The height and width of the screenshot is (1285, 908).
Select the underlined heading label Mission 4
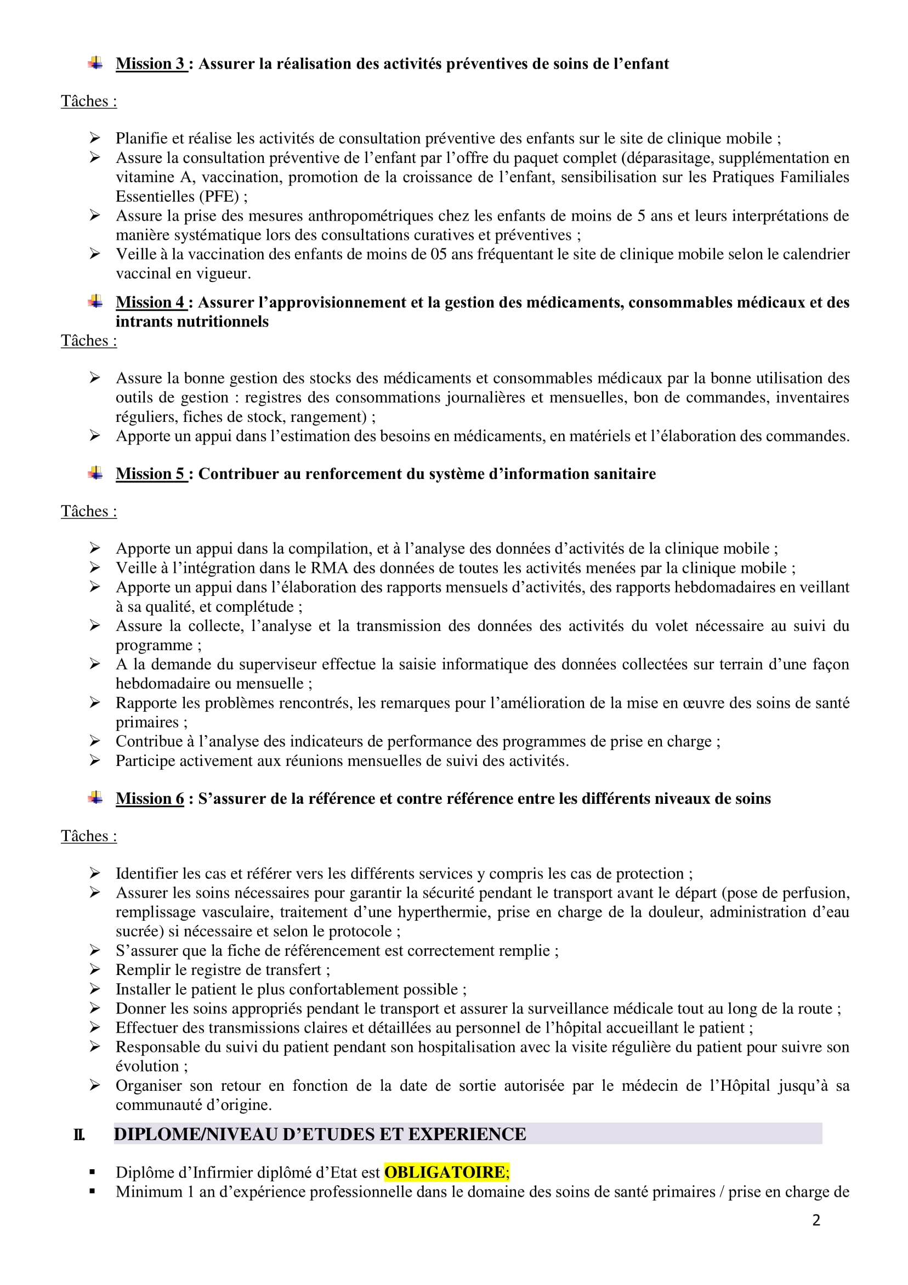[150, 302]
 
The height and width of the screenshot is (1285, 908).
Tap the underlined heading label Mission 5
[150, 474]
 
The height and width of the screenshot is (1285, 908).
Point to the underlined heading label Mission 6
[150, 798]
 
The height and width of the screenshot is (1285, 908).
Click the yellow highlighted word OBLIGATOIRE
[445, 1172]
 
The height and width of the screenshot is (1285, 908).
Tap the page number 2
[816, 1220]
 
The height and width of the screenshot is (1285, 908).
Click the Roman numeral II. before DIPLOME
[79, 1135]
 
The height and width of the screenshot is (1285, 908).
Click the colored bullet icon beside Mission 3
[95, 63]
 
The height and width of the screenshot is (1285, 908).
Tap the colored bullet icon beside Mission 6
[95, 798]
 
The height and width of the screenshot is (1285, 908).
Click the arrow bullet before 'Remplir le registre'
[95, 970]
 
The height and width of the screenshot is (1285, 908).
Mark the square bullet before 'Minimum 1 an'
[92, 1192]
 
